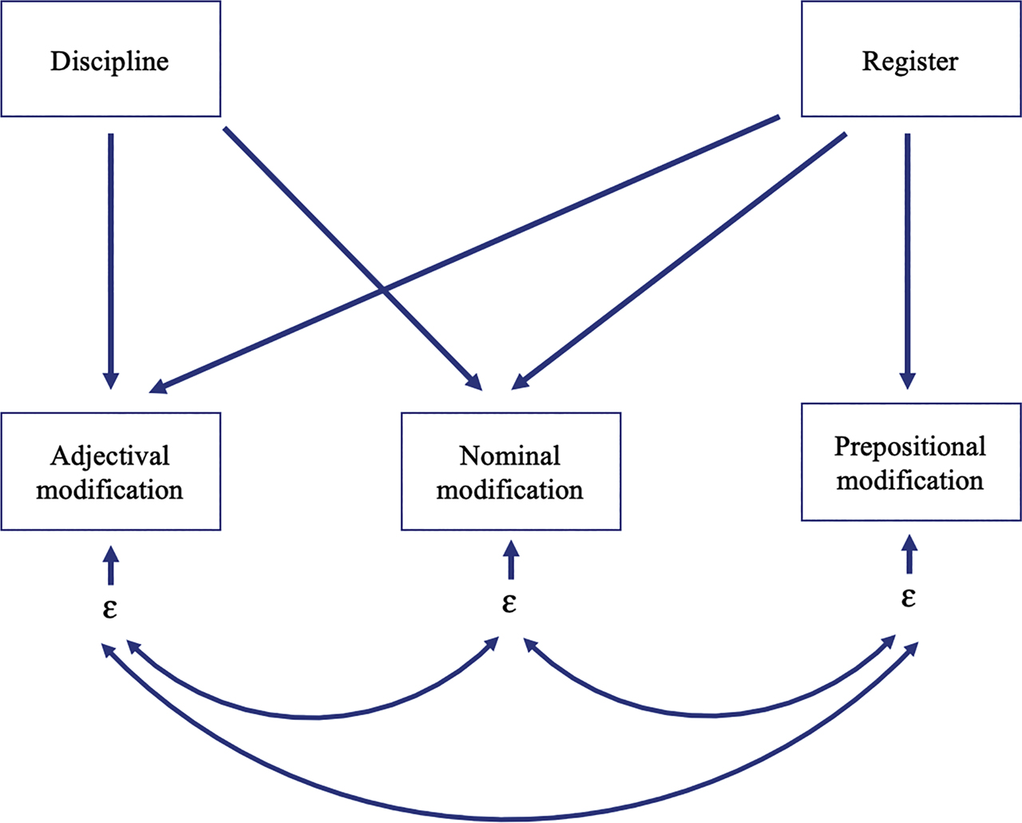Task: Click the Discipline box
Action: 110,60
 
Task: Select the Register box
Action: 910,60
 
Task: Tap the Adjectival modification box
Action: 110,471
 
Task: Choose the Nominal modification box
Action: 510,471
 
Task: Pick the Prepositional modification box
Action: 910,463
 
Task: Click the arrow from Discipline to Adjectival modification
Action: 111,256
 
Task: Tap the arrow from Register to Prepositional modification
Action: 908,256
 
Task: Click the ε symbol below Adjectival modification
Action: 110,608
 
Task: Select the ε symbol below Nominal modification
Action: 509,602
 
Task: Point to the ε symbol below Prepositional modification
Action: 909,597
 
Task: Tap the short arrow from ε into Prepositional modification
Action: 909,555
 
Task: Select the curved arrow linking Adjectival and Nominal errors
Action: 315,717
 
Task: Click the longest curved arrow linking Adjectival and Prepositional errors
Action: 508,818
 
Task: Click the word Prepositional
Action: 910,446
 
